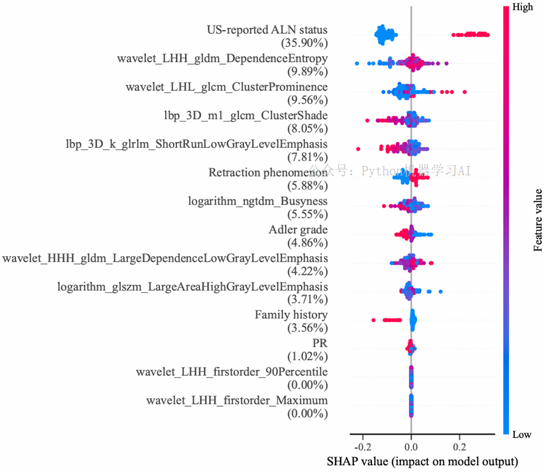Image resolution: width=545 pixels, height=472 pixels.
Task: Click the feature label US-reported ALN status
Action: [267, 30]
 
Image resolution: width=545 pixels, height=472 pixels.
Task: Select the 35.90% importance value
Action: [304, 43]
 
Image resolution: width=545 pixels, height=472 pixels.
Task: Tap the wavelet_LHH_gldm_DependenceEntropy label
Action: [222, 58]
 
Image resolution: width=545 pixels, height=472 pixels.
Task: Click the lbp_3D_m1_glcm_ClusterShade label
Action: [246, 115]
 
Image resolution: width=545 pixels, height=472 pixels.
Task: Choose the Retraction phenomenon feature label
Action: [268, 172]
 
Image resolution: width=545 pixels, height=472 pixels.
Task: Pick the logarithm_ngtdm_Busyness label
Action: [258, 201]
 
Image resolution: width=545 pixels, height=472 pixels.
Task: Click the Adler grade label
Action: [298, 230]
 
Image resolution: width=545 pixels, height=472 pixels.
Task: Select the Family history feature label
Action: [291, 315]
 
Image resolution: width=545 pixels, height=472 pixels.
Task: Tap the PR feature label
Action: [320, 343]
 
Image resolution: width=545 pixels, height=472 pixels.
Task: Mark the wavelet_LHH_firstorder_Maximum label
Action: [237, 400]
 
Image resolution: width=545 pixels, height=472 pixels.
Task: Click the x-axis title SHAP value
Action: [422, 461]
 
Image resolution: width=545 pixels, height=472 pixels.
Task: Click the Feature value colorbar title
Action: [538, 219]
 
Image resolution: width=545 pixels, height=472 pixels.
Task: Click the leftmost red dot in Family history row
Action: [374, 320]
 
